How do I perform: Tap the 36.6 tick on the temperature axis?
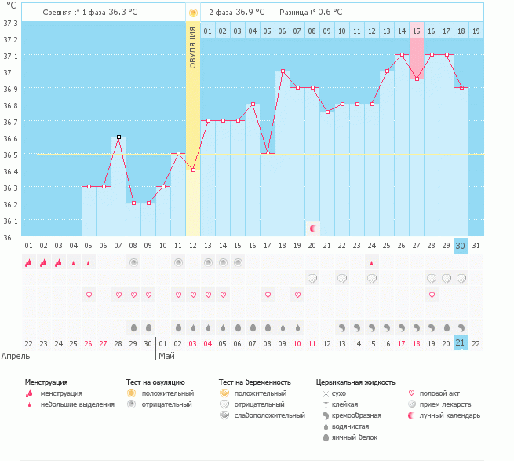(11, 138)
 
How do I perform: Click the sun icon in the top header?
(193, 13)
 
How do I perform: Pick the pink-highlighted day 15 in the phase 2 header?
(417, 31)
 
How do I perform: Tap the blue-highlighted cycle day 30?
(461, 246)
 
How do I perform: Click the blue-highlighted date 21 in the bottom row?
(461, 343)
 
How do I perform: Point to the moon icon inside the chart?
(313, 228)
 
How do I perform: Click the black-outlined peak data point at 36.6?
(118, 137)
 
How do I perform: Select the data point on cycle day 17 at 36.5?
(268, 153)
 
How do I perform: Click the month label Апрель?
(16, 355)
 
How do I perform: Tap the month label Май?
(166, 355)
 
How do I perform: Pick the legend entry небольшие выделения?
(77, 404)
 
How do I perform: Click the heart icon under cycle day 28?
(431, 295)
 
